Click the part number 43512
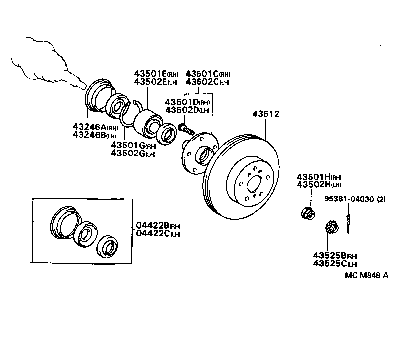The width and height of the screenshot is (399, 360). click(265, 114)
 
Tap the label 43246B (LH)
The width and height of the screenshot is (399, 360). click(94, 135)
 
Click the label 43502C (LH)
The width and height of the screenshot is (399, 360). click(207, 82)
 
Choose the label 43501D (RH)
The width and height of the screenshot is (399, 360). click(188, 102)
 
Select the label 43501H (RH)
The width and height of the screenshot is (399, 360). click(319, 177)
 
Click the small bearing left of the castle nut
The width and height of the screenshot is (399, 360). click(307, 214)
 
